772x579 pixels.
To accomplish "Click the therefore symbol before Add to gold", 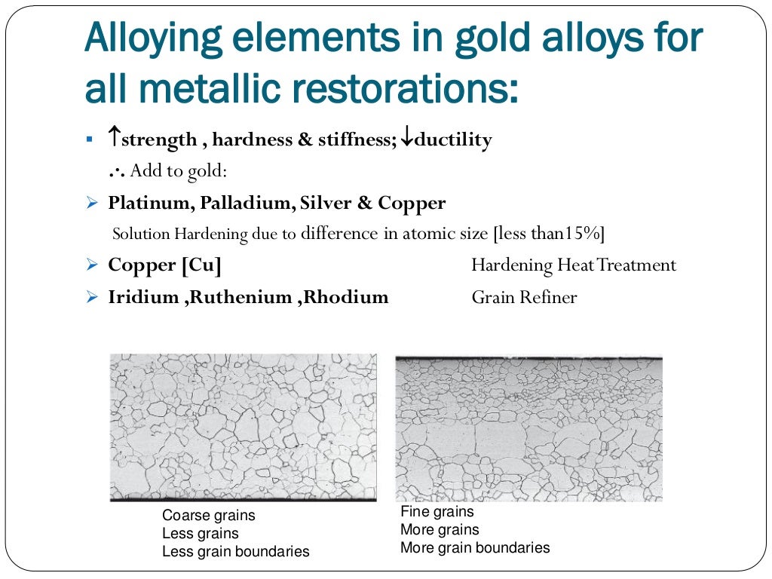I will (116, 171).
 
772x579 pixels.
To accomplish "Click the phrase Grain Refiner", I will (524, 297).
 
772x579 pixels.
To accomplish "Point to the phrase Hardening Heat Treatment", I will (574, 265).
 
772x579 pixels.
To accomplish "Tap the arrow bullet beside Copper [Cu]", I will (92, 265).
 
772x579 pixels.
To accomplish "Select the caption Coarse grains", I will (209, 516).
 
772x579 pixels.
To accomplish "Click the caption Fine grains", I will (438, 512).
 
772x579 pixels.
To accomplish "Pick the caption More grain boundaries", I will (475, 548).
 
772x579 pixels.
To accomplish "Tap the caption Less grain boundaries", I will (236, 552).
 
